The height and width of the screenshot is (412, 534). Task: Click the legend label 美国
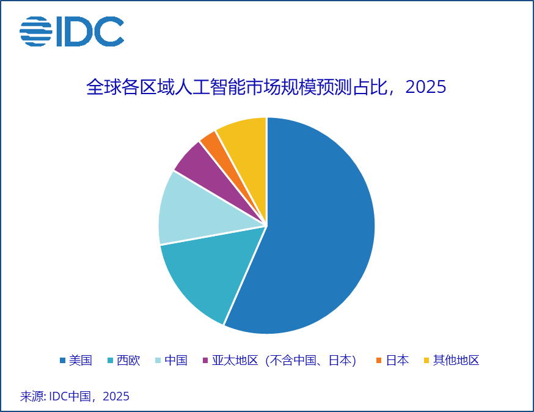80,360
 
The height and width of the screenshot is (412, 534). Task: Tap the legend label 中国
176,360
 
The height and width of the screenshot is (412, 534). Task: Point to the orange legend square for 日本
379,361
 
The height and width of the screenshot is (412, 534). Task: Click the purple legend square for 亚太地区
205,361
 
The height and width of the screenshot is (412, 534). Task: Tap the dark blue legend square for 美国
62,361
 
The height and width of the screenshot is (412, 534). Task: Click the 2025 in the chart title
426,87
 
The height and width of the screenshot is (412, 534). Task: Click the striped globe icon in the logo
35,31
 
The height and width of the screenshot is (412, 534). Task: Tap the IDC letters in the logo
89,31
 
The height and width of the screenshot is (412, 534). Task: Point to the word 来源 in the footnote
31,396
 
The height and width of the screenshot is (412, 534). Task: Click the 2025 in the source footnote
116,396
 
